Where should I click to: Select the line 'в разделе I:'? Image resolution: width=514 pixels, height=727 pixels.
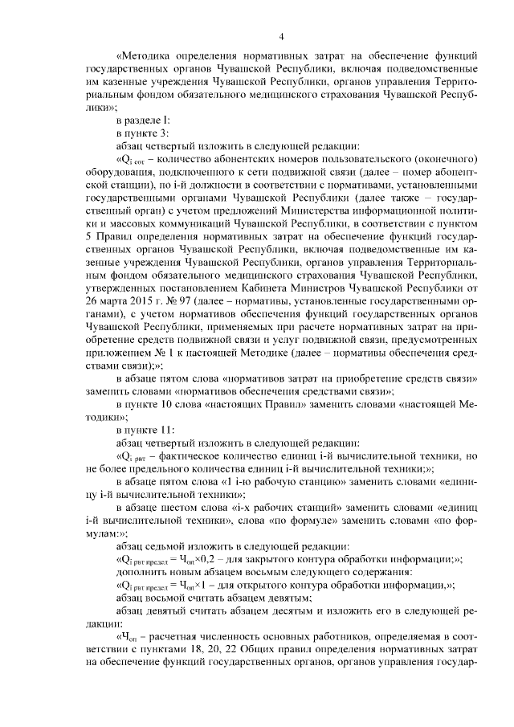pos(142,120)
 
